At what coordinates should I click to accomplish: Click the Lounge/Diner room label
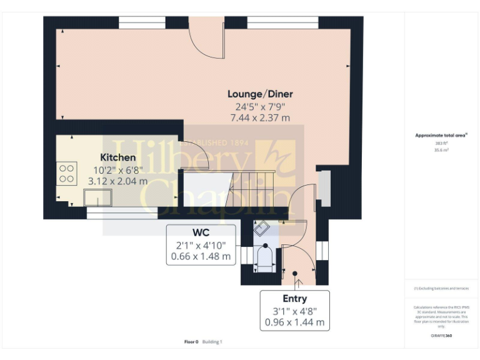pyautogui.click(x=259, y=94)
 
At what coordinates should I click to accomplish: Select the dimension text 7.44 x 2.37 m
pyautogui.click(x=259, y=117)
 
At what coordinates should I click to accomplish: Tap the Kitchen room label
pyautogui.click(x=118, y=157)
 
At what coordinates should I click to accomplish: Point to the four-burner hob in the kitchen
pyautogui.click(x=67, y=173)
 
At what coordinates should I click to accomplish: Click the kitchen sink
pyautogui.click(x=98, y=198)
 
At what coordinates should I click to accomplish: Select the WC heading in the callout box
pyautogui.click(x=201, y=232)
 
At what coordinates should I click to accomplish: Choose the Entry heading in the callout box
pyautogui.click(x=294, y=298)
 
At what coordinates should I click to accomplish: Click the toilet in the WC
pyautogui.click(x=265, y=259)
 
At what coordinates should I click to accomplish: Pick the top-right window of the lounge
pyautogui.click(x=282, y=22)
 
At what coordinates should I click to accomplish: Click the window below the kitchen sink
pyautogui.click(x=112, y=215)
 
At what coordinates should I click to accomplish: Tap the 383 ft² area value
pyautogui.click(x=442, y=143)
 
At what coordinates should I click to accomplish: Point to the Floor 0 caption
pyautogui.click(x=191, y=342)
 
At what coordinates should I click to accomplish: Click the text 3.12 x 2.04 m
pyautogui.click(x=118, y=181)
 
